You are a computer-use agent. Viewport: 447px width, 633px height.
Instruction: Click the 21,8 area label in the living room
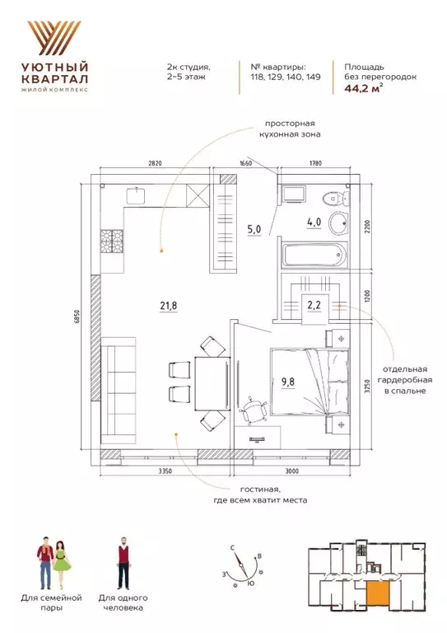pyautogui.click(x=169, y=306)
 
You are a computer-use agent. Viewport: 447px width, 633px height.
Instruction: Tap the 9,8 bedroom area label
pyautogui.click(x=288, y=382)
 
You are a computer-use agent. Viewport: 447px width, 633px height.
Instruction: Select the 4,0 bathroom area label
pyautogui.click(x=314, y=222)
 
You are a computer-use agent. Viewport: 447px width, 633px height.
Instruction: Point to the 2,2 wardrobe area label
pyautogui.click(x=314, y=305)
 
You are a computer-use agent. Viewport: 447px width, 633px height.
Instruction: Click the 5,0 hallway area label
pyautogui.click(x=254, y=230)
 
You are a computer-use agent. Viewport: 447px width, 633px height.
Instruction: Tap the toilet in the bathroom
pyautogui.click(x=336, y=198)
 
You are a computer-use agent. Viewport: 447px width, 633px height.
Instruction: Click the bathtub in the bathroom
pyautogui.click(x=314, y=255)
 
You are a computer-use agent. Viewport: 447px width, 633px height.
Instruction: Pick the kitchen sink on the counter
pyautogui.click(x=137, y=196)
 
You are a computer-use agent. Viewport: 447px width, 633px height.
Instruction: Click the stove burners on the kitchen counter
pyautogui.click(x=111, y=241)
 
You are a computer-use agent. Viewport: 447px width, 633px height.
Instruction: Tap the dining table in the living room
pyautogui.click(x=212, y=383)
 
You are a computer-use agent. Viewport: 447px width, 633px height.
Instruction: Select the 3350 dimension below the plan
pyautogui.click(x=165, y=471)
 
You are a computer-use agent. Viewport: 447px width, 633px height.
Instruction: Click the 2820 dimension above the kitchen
pyautogui.click(x=155, y=163)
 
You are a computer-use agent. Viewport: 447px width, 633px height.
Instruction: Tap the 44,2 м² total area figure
pyautogui.click(x=363, y=89)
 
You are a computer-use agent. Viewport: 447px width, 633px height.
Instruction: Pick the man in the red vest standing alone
pyautogui.click(x=124, y=562)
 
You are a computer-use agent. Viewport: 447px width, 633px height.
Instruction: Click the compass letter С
pyautogui.click(x=233, y=548)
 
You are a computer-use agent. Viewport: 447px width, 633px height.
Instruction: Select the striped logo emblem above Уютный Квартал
pyautogui.click(x=54, y=38)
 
